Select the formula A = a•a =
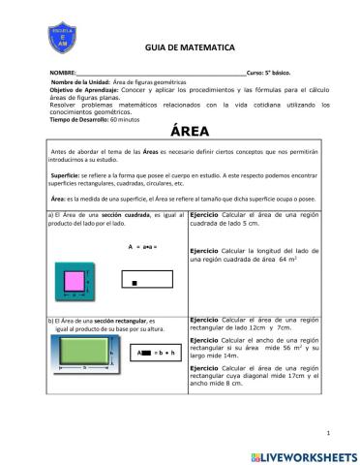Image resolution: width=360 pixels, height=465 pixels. [x=141, y=248]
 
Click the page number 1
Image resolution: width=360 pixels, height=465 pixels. [x=330, y=433]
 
